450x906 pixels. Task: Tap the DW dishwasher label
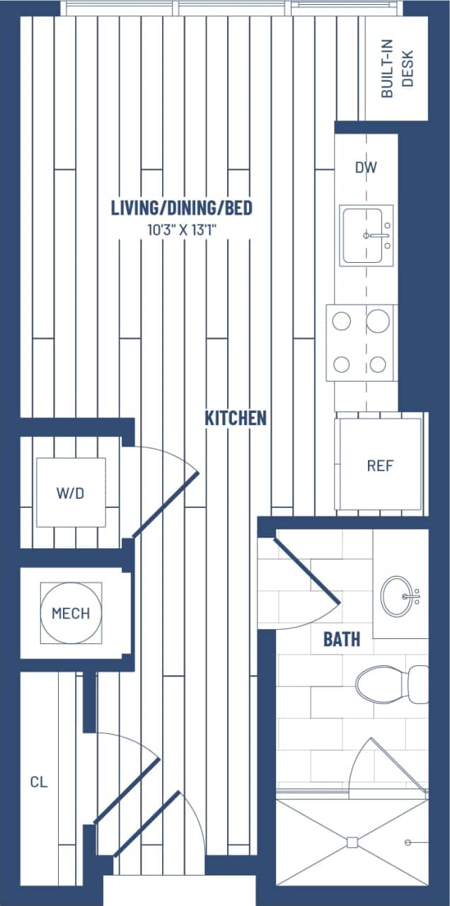(366, 168)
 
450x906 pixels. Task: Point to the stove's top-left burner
(342, 320)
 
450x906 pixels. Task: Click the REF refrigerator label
(379, 465)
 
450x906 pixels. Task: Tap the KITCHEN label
(236, 418)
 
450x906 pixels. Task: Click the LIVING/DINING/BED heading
(182, 208)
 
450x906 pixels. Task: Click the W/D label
(70, 493)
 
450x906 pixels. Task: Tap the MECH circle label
(71, 613)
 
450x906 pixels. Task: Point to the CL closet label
(39, 782)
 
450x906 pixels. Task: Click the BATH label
(342, 640)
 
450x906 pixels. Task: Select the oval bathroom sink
(398, 596)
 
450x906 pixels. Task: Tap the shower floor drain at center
(352, 842)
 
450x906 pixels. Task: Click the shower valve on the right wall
(408, 842)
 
